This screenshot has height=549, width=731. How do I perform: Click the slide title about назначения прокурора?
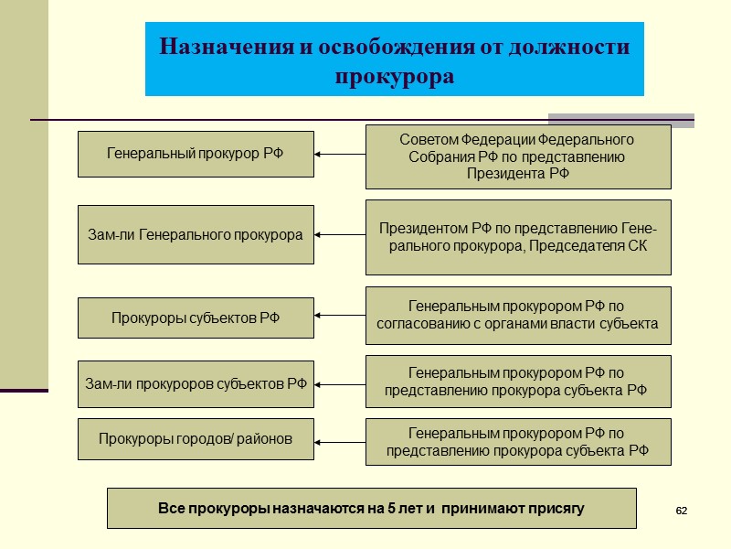click(x=394, y=59)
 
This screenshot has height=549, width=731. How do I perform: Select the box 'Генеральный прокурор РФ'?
click(x=196, y=154)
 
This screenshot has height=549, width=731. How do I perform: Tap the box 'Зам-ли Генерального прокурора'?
click(x=196, y=235)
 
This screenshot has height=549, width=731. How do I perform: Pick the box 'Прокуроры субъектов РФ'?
click(x=196, y=318)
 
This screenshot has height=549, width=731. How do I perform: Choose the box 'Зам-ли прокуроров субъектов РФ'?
click(x=196, y=383)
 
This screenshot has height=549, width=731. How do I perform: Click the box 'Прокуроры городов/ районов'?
click(x=196, y=440)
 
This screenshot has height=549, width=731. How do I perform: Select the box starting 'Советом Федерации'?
click(x=517, y=156)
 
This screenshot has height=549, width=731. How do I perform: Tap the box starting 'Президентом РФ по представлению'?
click(x=517, y=237)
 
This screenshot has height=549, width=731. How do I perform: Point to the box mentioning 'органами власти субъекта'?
click(x=517, y=315)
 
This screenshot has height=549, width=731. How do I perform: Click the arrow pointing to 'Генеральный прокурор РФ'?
click(x=339, y=155)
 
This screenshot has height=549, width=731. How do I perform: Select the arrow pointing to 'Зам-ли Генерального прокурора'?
click(x=339, y=235)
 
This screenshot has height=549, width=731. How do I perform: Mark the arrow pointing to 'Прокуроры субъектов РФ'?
click(x=339, y=317)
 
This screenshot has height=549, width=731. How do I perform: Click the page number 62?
click(x=681, y=509)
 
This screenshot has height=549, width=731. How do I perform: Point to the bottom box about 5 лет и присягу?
click(x=371, y=508)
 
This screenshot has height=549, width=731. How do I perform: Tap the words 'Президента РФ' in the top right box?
click(x=517, y=174)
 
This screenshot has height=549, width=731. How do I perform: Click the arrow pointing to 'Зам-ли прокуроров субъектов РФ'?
click(x=339, y=384)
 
